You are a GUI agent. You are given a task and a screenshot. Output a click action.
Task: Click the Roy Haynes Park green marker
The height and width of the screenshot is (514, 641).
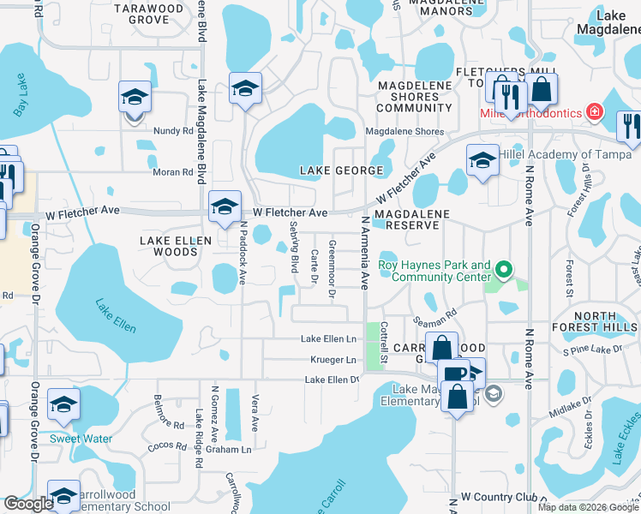(x=504, y=272)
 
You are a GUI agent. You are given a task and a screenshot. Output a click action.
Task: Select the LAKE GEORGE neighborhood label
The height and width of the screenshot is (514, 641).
(x=341, y=170)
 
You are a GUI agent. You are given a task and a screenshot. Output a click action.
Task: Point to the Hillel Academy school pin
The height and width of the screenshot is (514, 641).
(x=482, y=160)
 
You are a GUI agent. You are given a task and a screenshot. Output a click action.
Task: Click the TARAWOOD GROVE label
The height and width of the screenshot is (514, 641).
(x=154, y=13)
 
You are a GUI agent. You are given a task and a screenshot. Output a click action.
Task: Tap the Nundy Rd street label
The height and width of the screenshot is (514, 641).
(x=175, y=131)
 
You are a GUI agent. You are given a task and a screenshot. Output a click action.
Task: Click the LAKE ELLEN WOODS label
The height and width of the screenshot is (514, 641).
(x=175, y=247)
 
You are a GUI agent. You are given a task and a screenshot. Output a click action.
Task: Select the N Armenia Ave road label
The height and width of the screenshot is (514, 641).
(x=365, y=253)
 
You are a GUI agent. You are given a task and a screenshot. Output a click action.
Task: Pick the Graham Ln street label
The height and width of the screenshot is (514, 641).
(x=233, y=449)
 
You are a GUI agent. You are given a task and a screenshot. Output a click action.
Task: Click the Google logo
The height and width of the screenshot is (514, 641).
(x=27, y=504)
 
